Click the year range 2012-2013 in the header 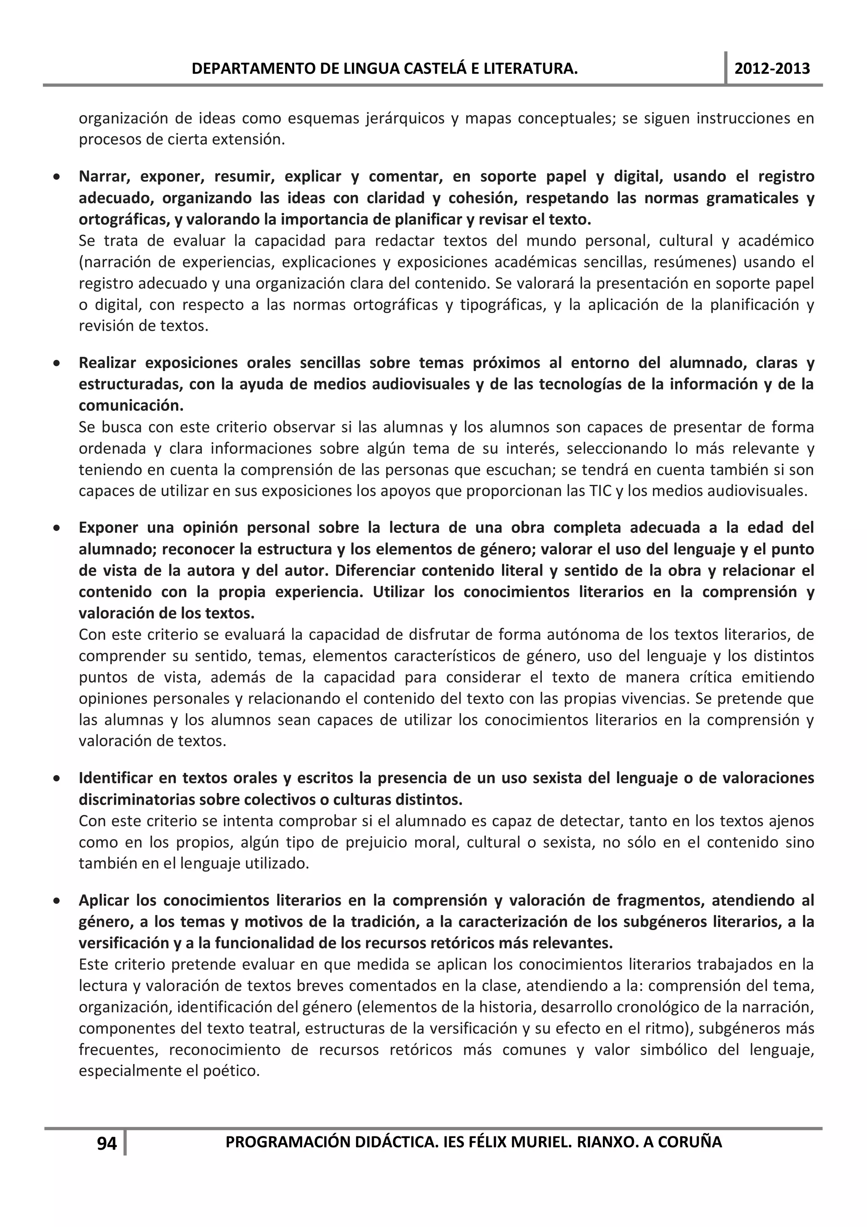[772, 69]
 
